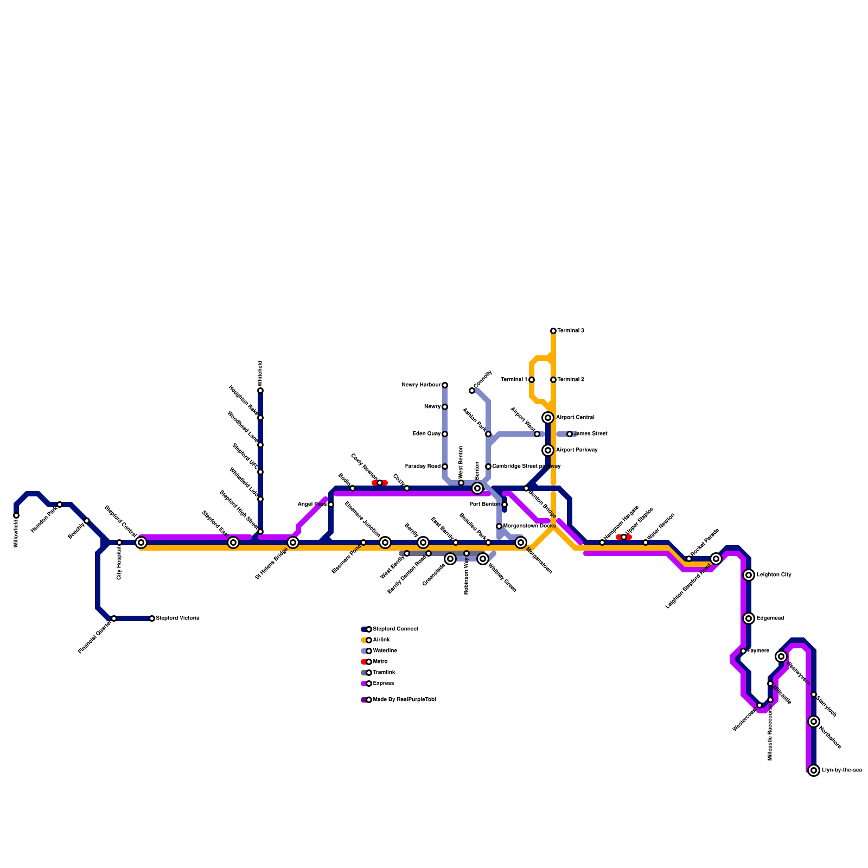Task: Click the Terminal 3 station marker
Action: click(x=553, y=331)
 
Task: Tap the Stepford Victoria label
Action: click(x=177, y=618)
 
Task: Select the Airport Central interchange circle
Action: click(x=548, y=418)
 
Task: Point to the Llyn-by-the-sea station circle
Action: click(x=814, y=770)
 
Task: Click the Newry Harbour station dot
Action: click(x=445, y=385)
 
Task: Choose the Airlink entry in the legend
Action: click(x=381, y=640)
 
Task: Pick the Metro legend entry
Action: click(x=380, y=662)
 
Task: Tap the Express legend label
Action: click(x=384, y=684)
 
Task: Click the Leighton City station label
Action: click(x=774, y=575)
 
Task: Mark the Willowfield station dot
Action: click(x=16, y=515)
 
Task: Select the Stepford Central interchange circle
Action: click(x=141, y=542)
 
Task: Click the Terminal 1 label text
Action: click(x=514, y=380)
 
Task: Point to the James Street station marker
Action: click(x=570, y=434)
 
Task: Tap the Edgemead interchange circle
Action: click(x=749, y=618)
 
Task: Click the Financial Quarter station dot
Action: click(x=114, y=618)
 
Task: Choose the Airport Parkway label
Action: click(x=577, y=450)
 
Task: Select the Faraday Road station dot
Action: click(x=445, y=467)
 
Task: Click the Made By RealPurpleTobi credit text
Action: click(x=404, y=700)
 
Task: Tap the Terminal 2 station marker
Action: click(x=553, y=380)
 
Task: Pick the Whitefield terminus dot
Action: click(x=260, y=391)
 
